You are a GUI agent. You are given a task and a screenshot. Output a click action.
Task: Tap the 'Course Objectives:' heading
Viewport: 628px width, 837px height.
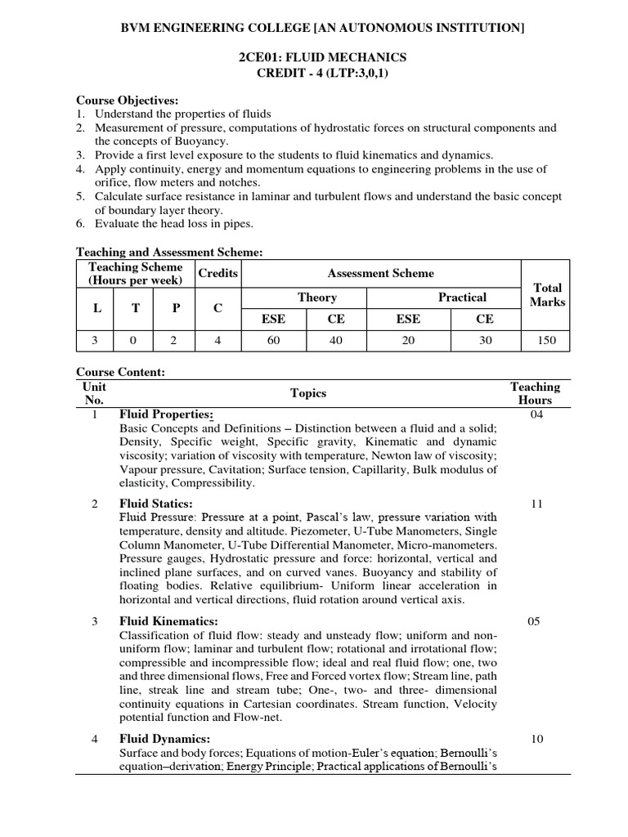click(x=127, y=100)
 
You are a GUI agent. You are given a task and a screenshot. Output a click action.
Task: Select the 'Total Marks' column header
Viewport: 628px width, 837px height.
click(x=547, y=295)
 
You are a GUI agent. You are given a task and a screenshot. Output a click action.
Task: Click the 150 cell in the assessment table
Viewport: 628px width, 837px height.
click(x=547, y=340)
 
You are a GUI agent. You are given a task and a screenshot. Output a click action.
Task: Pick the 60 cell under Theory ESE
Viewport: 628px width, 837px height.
click(x=273, y=340)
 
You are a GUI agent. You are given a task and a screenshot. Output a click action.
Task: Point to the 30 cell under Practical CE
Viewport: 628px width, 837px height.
click(x=485, y=340)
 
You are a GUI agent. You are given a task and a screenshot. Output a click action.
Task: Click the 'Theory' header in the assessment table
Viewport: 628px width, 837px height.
click(x=316, y=298)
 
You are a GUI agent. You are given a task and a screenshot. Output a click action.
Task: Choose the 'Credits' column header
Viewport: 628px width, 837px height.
click(x=218, y=273)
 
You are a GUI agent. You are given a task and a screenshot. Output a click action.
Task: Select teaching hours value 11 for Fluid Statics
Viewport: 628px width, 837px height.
click(x=536, y=504)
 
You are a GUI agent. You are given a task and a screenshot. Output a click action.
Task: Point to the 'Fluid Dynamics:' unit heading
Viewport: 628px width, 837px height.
click(x=159, y=739)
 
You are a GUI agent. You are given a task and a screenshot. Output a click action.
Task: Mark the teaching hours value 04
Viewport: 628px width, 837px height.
click(x=536, y=414)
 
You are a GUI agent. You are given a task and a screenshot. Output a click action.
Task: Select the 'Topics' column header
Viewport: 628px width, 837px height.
click(x=308, y=393)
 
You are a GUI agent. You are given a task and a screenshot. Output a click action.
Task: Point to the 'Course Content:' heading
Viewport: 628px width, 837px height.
click(x=121, y=372)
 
